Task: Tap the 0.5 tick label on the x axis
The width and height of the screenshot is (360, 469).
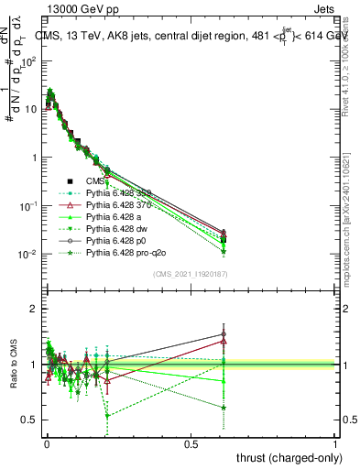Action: click(x=191, y=443)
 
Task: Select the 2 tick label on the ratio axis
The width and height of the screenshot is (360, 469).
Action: click(x=32, y=309)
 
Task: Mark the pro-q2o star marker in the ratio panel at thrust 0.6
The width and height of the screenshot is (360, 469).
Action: click(x=224, y=408)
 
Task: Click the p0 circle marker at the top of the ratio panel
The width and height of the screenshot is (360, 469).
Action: click(x=224, y=334)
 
